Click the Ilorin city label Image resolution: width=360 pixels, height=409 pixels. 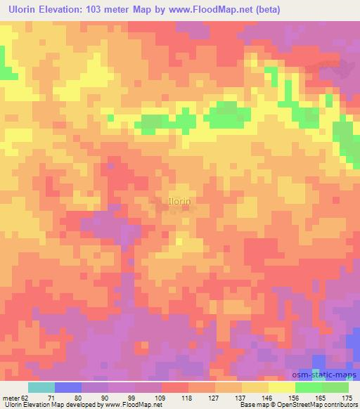pyautogui.click(x=179, y=201)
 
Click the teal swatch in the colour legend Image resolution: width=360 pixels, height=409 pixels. pyautogui.click(x=41, y=387)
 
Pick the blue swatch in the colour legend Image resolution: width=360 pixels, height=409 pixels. pyautogui.click(x=68, y=387)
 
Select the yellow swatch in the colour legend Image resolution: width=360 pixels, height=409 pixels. pyautogui.click(x=282, y=387)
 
